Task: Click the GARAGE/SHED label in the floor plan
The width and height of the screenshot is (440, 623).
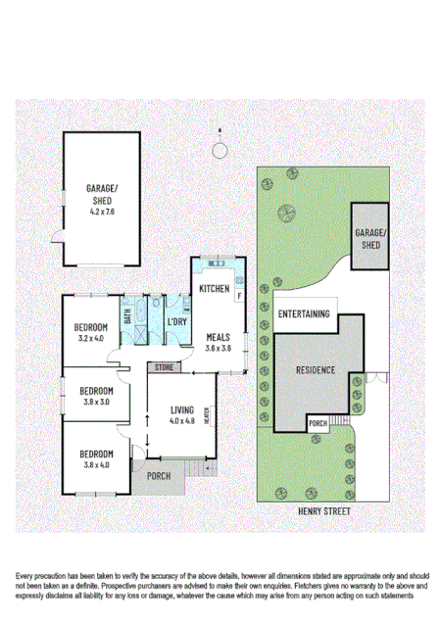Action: point(102,190)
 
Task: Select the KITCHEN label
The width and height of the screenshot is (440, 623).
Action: point(214,289)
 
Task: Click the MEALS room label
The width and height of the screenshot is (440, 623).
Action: point(218,335)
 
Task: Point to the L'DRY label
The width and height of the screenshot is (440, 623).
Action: point(177,322)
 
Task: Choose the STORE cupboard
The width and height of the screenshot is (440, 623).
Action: point(162,367)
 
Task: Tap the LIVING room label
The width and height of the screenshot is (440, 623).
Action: point(183,409)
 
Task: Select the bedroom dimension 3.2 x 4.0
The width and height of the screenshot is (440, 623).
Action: point(96,339)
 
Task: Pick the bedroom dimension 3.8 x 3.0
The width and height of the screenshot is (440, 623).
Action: point(96,401)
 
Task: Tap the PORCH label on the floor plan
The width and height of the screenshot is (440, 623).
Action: point(158,476)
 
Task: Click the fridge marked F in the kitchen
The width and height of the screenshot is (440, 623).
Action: point(238,293)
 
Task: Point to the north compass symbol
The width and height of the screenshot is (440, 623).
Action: point(220,148)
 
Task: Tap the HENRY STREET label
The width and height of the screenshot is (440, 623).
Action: point(323,512)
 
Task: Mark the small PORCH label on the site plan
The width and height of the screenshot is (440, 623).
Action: point(317,423)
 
